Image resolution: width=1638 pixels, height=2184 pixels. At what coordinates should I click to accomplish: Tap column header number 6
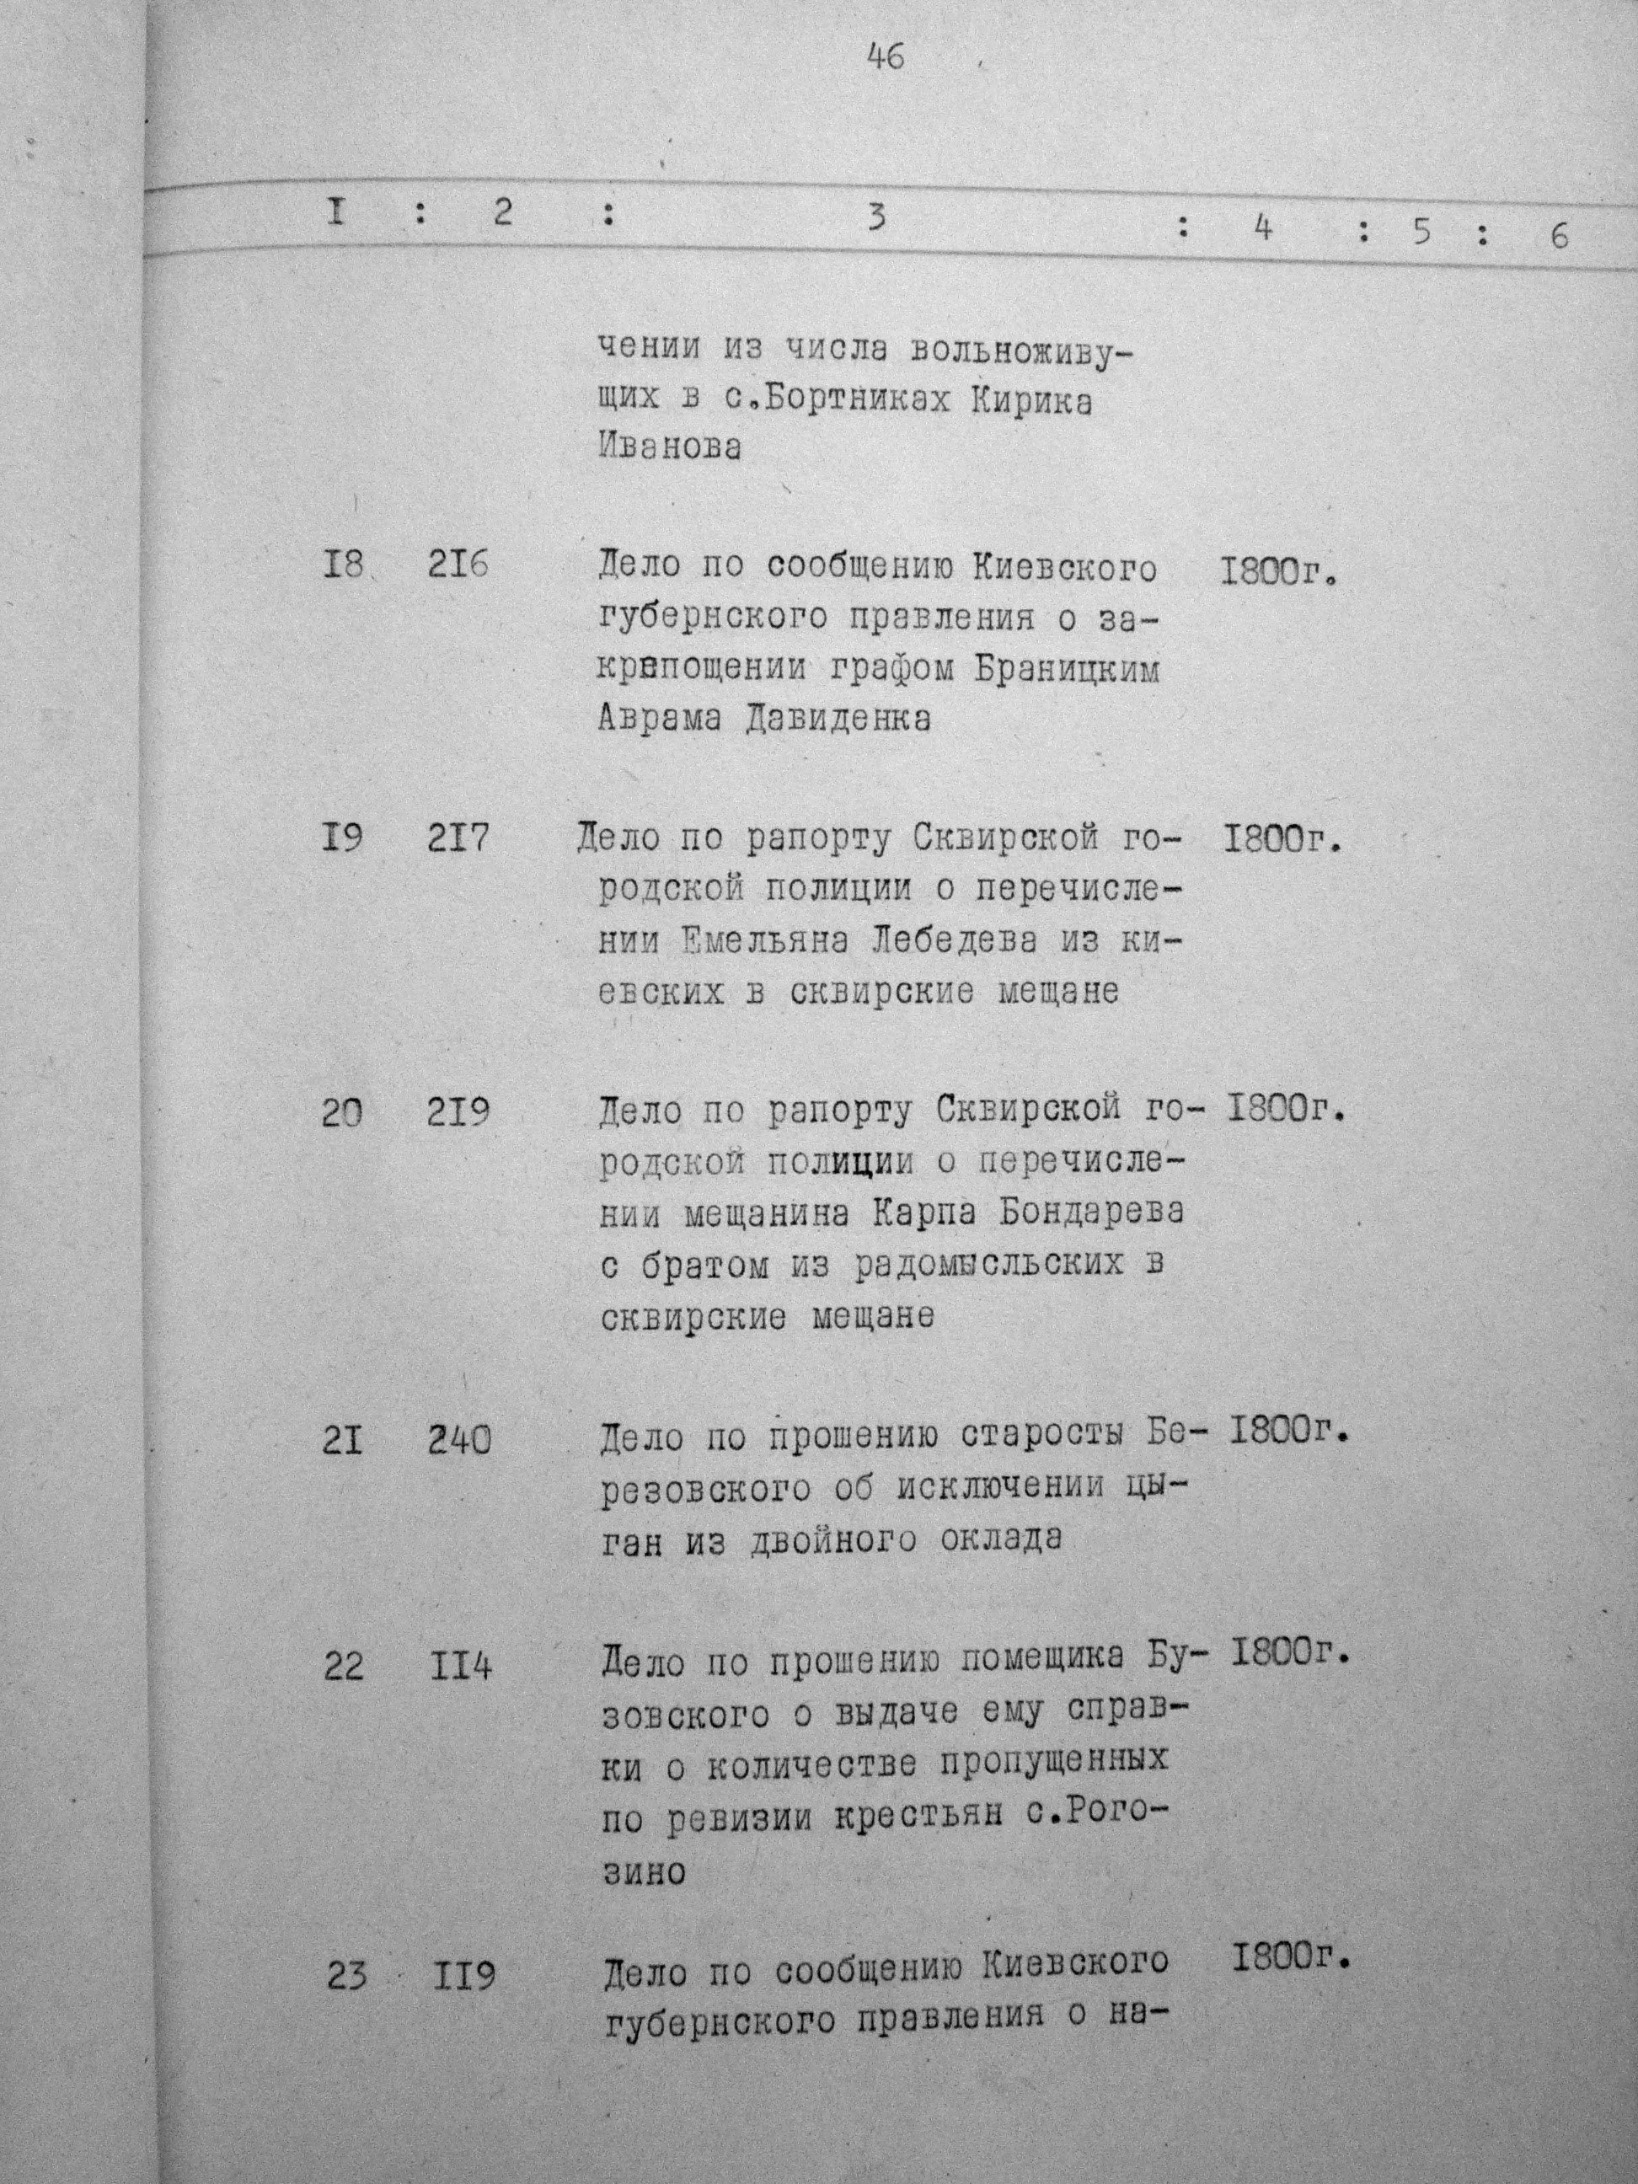click(x=1558, y=237)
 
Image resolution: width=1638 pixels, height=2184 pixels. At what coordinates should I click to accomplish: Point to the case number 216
click(x=458, y=569)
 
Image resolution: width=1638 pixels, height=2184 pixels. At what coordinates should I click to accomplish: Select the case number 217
click(x=458, y=839)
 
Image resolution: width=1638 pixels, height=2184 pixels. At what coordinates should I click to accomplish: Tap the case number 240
click(x=459, y=1442)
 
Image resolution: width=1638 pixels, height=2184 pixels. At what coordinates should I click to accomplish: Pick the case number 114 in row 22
click(x=460, y=1667)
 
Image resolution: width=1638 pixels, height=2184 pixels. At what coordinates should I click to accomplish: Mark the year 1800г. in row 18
click(x=1277, y=571)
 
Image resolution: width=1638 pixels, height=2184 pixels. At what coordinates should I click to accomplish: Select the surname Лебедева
click(x=955, y=942)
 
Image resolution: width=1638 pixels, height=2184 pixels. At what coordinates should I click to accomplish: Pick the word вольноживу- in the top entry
click(x=1019, y=350)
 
